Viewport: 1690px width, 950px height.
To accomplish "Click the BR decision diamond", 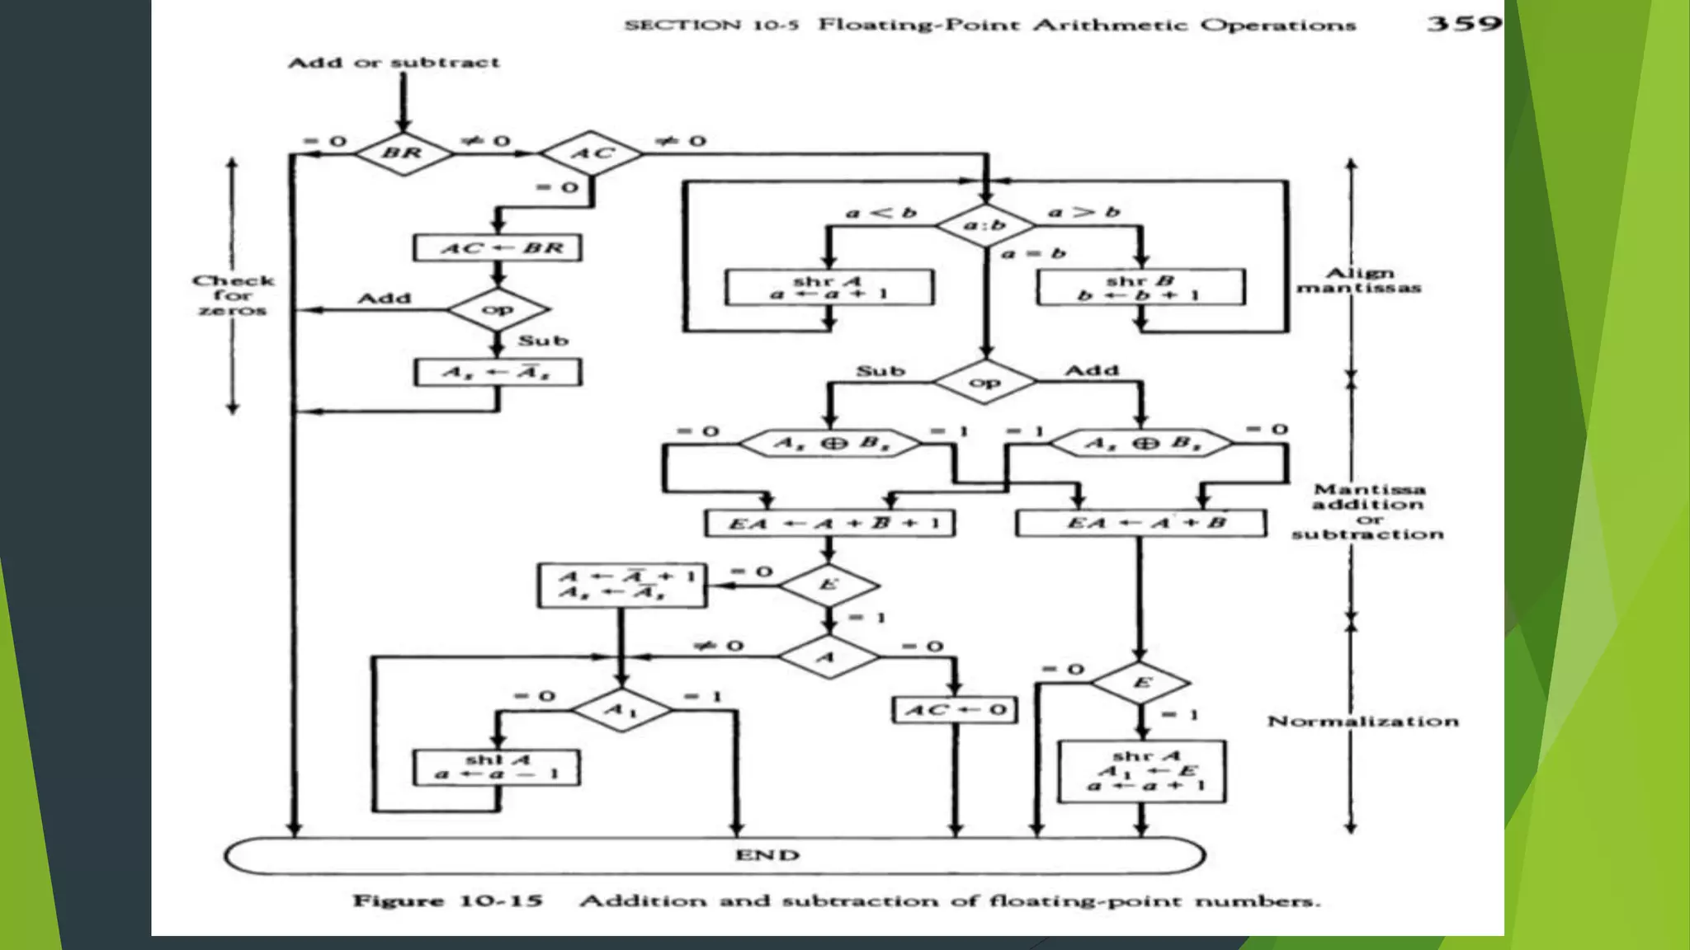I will [x=403, y=153].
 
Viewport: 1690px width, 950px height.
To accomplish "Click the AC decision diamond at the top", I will [x=591, y=153].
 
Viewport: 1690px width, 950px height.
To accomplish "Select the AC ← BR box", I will [x=498, y=247].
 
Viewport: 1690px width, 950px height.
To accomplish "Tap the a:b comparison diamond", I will [x=985, y=224].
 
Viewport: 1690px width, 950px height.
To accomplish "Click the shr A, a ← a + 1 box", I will [x=829, y=287].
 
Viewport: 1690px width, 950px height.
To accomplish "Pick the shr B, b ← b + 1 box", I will [x=1140, y=287].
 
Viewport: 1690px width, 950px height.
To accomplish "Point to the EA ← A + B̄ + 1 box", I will [x=829, y=523].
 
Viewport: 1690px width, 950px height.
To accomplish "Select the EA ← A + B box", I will [x=1140, y=523].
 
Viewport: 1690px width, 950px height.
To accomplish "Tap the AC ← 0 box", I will [x=955, y=709].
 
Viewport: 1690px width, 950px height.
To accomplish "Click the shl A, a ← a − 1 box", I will [x=497, y=767].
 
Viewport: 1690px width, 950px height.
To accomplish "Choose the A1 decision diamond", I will [x=621, y=709].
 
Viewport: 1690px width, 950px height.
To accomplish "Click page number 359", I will [x=1463, y=23].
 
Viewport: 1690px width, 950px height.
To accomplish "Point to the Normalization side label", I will [x=1362, y=722].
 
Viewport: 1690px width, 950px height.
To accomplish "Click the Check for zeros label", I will [x=233, y=295].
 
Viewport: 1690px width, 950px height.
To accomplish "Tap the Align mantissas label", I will [x=1359, y=280].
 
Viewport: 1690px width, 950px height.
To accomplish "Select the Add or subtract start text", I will [x=394, y=63].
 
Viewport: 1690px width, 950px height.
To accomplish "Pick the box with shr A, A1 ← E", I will [x=1142, y=771].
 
